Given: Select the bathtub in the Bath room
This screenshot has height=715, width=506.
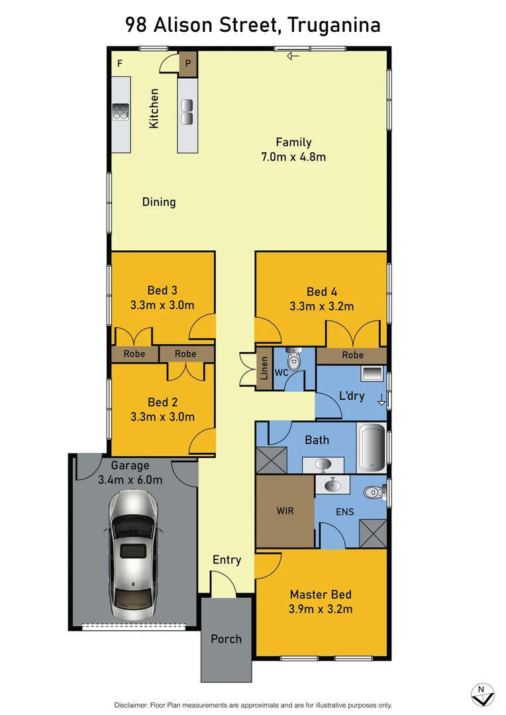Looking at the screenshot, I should point(371,448).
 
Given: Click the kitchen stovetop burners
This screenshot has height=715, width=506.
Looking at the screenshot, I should point(121,112).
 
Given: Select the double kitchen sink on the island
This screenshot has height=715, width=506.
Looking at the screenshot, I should point(187,112).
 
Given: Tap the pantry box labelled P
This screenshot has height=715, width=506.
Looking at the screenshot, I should point(188,64).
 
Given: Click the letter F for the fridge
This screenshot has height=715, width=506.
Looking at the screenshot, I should point(120,64).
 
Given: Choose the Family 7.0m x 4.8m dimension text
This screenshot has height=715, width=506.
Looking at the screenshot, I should point(293,157).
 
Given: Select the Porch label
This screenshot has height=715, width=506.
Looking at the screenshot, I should point(226,639).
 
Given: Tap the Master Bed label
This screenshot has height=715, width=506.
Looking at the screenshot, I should point(321,595).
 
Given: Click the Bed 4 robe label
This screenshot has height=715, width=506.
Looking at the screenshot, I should point(352,355).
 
